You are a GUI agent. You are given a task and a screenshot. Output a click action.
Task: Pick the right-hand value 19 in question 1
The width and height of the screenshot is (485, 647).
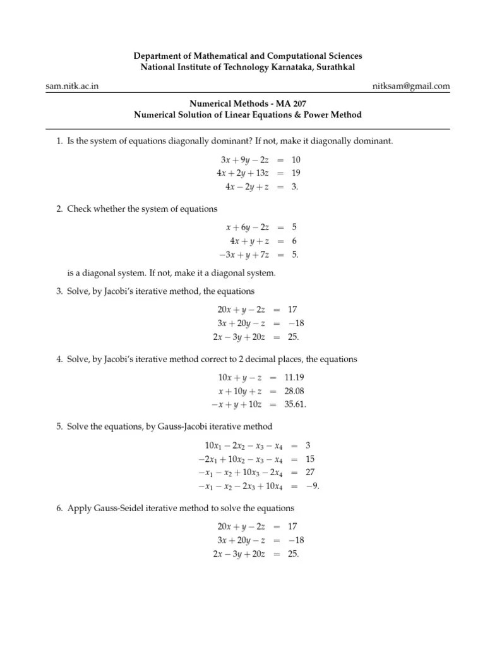(296, 172)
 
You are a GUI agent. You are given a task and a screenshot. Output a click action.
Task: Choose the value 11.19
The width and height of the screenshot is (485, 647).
(295, 377)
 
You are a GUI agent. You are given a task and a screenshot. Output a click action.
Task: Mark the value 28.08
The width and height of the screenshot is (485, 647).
(295, 391)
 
